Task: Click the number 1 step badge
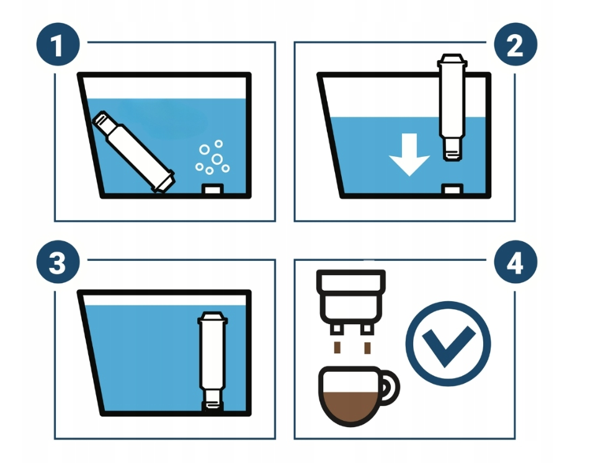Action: (58, 44)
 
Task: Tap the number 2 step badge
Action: (515, 44)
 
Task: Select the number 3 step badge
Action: (58, 262)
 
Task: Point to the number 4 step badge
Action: (515, 262)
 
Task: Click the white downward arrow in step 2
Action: (409, 155)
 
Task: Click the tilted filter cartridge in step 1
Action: (133, 152)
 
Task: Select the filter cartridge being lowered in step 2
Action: (452, 107)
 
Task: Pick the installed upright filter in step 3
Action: (212, 361)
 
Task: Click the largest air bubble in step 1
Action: (217, 159)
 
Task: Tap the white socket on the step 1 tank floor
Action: (212, 188)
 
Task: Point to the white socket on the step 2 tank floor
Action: (452, 188)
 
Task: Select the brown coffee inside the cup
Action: (350, 406)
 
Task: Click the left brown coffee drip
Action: (337, 348)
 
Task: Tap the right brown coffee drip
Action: (367, 348)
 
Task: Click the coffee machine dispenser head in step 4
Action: (351, 302)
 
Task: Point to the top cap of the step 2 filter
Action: (452, 61)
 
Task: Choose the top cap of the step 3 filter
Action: (212, 318)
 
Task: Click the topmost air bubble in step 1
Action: (218, 144)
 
